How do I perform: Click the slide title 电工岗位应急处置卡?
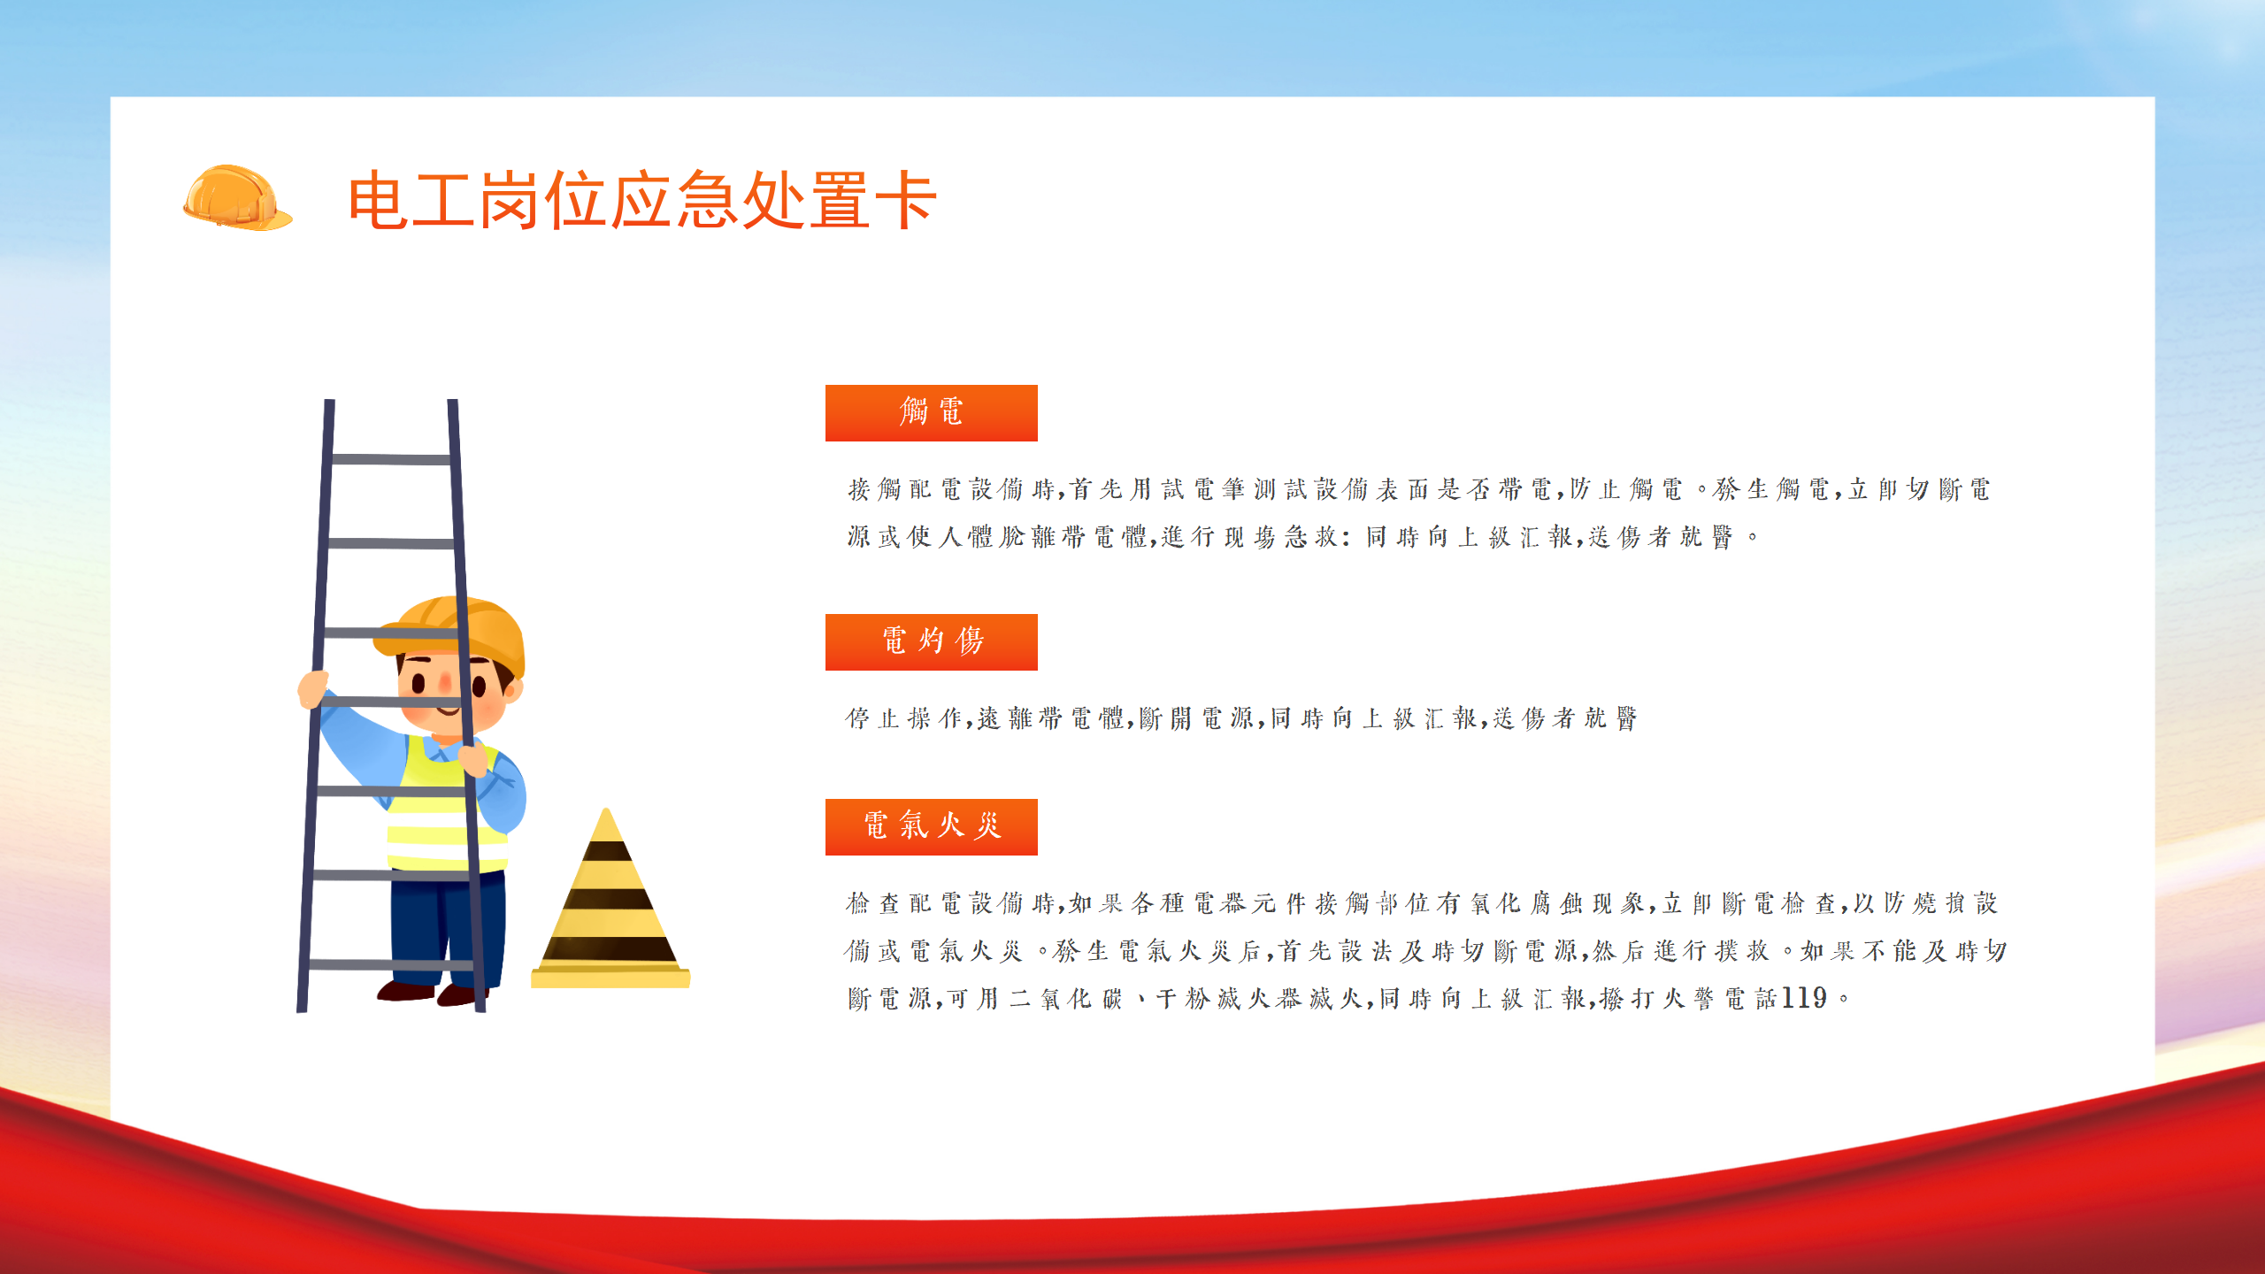coord(642,200)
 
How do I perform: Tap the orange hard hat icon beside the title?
coord(237,197)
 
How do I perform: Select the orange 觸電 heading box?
coord(931,412)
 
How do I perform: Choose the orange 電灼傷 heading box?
coord(931,641)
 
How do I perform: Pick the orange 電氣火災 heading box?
coord(931,826)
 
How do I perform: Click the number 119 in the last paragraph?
coord(1804,998)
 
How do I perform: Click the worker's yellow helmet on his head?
coord(451,633)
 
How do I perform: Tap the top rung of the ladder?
coord(391,459)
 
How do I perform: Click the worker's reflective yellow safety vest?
coord(442,805)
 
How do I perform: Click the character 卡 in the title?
coord(906,200)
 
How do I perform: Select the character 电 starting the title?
coord(378,200)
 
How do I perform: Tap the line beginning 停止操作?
coord(1241,718)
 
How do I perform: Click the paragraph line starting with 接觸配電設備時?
coord(1419,488)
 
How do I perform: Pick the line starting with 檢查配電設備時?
coord(1422,902)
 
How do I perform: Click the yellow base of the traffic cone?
coord(610,977)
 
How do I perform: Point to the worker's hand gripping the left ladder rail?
coord(313,688)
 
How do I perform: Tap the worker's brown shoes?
coord(434,993)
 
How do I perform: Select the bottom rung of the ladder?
coord(391,964)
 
